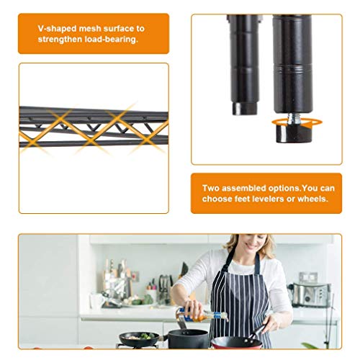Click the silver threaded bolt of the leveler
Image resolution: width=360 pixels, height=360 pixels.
(x=292, y=119)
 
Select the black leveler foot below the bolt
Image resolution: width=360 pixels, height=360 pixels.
(x=292, y=134)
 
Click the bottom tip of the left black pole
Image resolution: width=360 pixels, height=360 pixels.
(x=244, y=114)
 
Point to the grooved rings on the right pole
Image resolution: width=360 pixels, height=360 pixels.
(x=292, y=69)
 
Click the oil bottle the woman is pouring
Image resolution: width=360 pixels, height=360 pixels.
(x=202, y=315)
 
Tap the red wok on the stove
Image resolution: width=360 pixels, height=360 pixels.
(x=236, y=341)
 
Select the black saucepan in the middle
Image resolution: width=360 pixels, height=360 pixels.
(x=188, y=338)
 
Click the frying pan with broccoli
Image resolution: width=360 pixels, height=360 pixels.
(x=140, y=338)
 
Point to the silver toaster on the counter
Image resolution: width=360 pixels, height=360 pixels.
(x=311, y=295)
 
